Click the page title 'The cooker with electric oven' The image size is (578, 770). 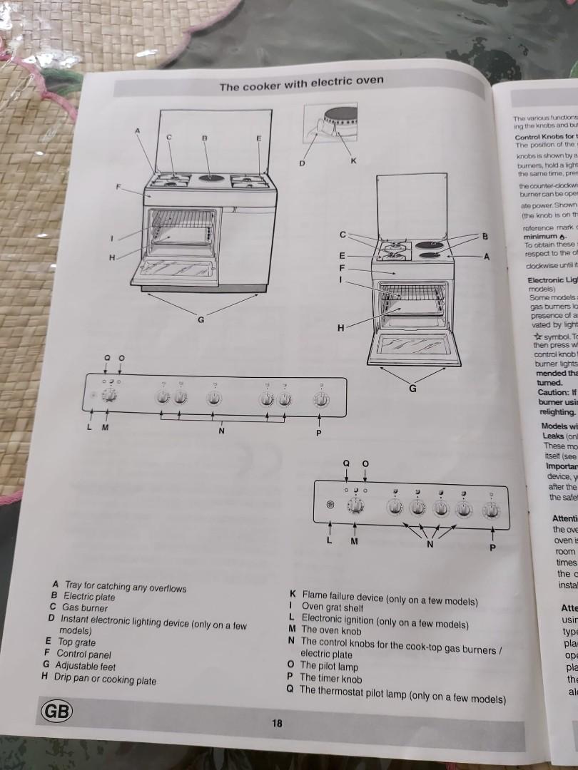(301, 83)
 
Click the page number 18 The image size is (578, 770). (278, 723)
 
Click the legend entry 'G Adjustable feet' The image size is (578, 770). (79, 666)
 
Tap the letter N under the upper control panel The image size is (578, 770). (221, 431)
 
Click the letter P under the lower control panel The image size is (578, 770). (491, 548)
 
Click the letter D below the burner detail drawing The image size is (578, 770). (302, 163)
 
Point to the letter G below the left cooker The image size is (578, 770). (201, 319)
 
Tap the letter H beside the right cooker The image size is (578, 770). (341, 328)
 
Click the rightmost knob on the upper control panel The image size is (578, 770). (321, 399)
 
